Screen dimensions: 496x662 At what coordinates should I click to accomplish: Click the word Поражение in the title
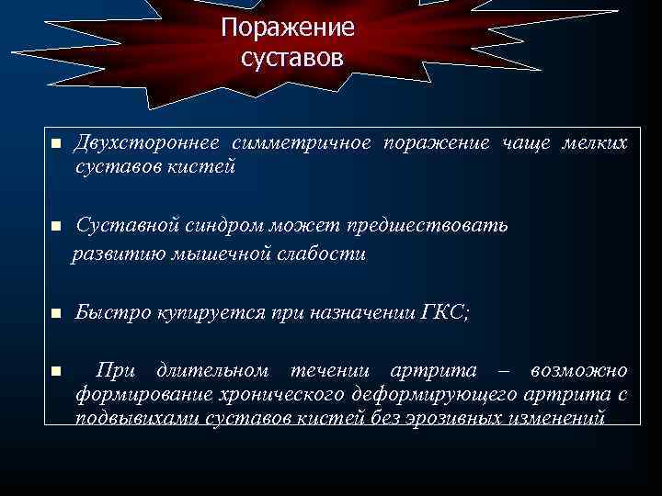click(x=287, y=28)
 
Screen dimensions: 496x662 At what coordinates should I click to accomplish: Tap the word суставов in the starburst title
click(x=291, y=58)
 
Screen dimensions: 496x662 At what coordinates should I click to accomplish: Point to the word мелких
click(x=596, y=142)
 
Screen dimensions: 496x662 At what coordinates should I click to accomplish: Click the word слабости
click(x=323, y=254)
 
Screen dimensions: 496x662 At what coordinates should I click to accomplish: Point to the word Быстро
click(x=108, y=312)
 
